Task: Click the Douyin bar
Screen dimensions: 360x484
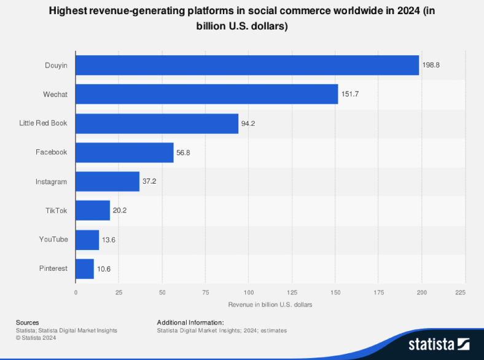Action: point(247,65)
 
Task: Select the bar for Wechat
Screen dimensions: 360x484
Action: point(206,94)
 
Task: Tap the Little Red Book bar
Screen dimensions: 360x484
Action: point(157,123)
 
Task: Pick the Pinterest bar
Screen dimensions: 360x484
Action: point(85,268)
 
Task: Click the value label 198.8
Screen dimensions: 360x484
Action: point(431,65)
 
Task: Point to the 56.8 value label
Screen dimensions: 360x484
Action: point(184,152)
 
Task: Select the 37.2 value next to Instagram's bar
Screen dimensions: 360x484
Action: point(150,182)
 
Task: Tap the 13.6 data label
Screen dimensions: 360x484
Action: point(109,240)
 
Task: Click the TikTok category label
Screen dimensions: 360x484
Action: point(56,211)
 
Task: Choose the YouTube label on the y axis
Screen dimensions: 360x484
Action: point(53,240)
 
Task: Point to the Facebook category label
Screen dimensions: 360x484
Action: point(52,152)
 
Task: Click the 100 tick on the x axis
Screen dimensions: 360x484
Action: point(249,292)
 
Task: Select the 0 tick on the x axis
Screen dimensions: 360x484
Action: point(76,292)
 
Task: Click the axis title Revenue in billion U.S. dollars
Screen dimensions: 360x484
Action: point(270,305)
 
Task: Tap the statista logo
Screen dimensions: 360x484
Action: point(439,342)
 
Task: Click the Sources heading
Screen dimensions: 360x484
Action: point(28,323)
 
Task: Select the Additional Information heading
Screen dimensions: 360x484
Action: point(190,323)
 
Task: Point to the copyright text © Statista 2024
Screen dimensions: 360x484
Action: point(36,337)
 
